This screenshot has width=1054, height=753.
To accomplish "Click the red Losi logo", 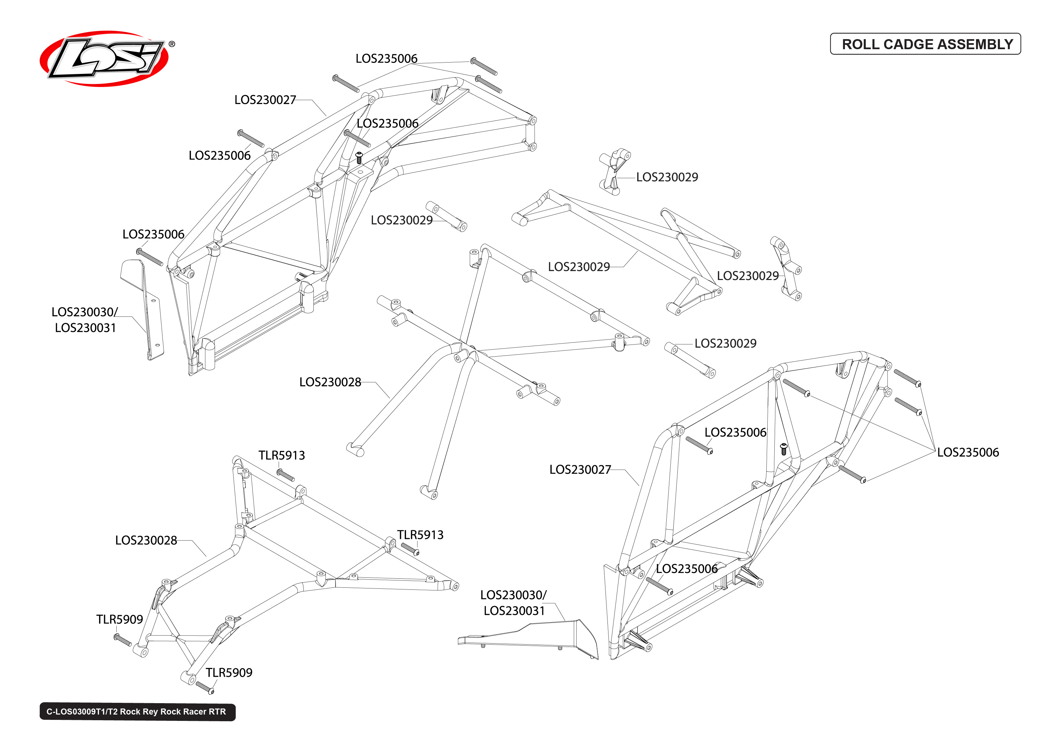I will pos(104,59).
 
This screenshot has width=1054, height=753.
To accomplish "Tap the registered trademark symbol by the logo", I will pos(172,44).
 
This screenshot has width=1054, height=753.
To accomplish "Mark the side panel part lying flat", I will pos(533,638).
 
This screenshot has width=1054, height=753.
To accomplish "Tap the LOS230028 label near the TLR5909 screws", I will pos(146,540).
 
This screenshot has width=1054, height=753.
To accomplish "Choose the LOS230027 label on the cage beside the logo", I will pos(265,100).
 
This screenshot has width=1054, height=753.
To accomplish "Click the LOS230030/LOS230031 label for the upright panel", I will pos(85,320).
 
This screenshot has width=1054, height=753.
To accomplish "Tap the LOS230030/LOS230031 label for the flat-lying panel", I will pos(513,603).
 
